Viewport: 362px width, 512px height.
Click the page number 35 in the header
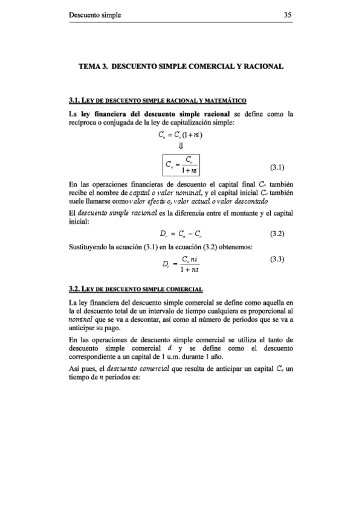[288, 16]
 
